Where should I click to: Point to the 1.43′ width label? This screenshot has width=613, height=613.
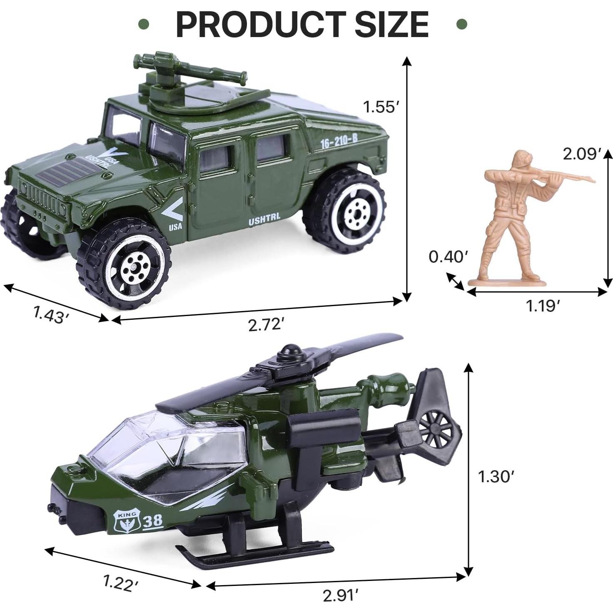pyautogui.click(x=50, y=314)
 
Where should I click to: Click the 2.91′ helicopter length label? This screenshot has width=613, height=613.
pyautogui.click(x=340, y=596)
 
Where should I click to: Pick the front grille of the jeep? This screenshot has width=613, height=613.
pyautogui.click(x=42, y=196)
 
